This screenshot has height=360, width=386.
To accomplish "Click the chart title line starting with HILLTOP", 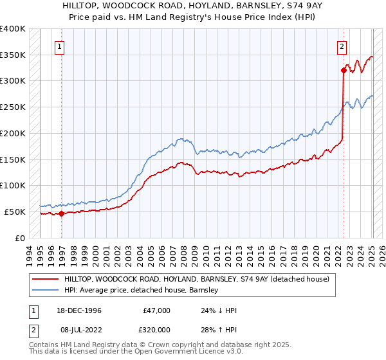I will [193, 5].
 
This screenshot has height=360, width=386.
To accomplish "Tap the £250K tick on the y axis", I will [13, 107].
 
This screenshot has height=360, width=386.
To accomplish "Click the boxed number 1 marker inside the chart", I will [59, 46].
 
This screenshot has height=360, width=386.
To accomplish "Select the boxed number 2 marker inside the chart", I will [341, 46].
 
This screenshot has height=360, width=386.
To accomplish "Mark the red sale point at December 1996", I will [62, 213].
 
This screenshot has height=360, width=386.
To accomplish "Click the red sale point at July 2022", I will [344, 71].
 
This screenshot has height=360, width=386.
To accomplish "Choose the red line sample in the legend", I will [44, 280].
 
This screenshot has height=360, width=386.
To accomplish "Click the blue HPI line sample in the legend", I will [44, 290].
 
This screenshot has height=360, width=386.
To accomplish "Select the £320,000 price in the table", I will [156, 329].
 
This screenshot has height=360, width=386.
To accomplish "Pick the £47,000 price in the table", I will [156, 311].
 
